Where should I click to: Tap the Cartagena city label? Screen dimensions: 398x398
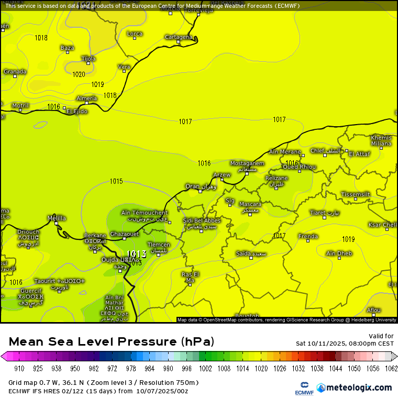click(178, 37)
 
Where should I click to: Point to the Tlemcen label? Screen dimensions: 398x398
click(158, 245)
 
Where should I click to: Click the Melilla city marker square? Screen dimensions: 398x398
click(57, 223)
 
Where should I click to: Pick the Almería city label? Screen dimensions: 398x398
click(86, 98)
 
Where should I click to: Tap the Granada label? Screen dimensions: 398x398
click(15, 72)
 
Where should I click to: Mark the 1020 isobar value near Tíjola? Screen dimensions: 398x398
click(79, 74)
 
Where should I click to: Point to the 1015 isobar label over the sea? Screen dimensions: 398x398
click(116, 181)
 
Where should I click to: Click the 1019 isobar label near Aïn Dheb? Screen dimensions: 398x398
click(348, 239)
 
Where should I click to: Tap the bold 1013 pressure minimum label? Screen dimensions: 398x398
click(137, 254)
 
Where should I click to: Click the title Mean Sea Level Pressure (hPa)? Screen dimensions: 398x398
click(112, 342)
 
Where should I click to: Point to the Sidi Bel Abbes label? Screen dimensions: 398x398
click(202, 221)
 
